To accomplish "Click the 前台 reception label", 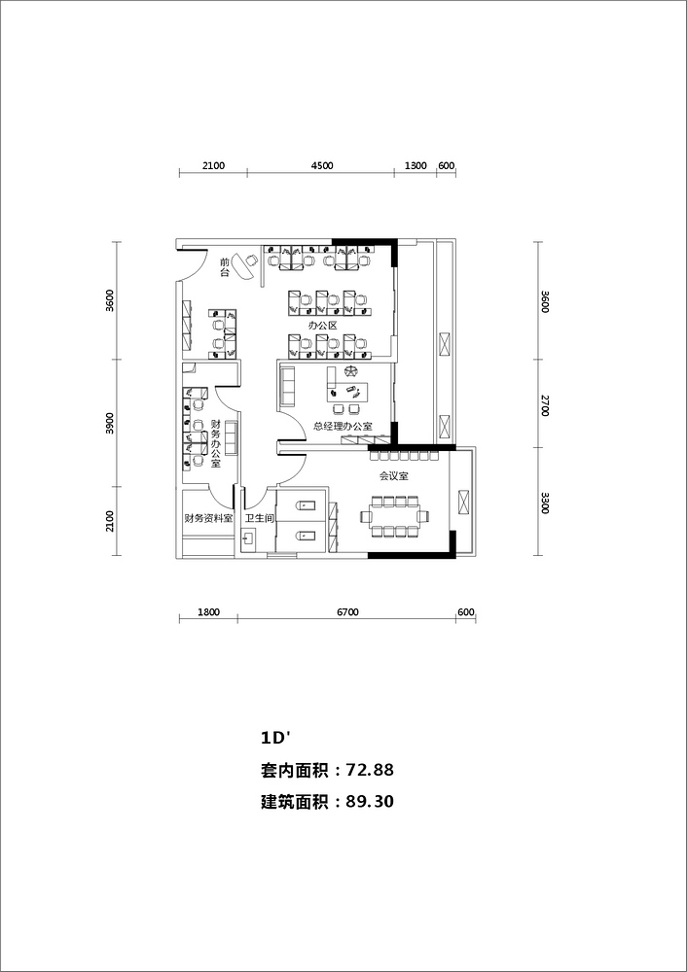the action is tap(225, 267).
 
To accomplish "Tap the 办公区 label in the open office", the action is tap(323, 326).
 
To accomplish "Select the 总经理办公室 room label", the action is tap(343, 427).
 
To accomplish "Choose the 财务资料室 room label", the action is tap(208, 518).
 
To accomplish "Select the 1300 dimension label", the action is tap(416, 165).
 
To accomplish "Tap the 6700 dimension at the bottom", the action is tap(347, 612).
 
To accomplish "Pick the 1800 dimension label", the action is tap(208, 612).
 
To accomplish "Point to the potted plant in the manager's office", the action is tap(351, 372).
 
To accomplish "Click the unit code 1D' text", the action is tap(276, 739).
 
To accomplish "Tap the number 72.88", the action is tap(370, 770).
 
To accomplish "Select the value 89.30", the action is tap(370, 802).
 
